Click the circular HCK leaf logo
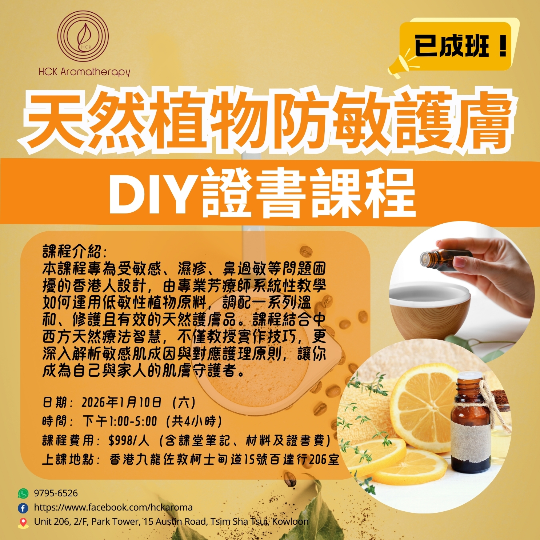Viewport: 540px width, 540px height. point(83,36)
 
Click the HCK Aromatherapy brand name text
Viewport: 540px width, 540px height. point(84,72)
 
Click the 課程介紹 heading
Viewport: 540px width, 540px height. point(75,252)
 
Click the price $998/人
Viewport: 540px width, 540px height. point(129,440)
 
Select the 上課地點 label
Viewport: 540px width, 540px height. point(71,459)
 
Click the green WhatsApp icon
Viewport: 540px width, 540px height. point(23,493)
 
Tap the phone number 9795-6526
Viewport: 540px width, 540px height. point(56,493)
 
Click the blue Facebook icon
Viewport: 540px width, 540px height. point(23,508)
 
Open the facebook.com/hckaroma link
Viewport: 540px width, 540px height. point(113,507)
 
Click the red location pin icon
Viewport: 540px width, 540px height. point(23,523)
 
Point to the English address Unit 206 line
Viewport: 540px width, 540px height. point(171,521)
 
